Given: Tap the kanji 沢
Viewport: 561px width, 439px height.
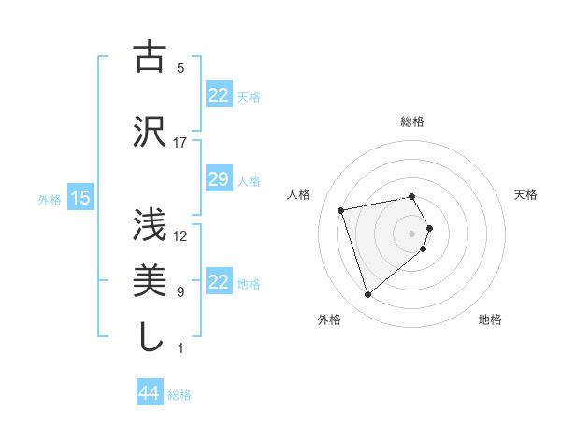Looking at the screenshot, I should pyautogui.click(x=150, y=131).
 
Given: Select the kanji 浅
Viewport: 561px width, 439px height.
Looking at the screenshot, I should pyautogui.click(x=150, y=224).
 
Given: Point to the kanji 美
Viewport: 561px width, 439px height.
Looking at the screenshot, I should pyautogui.click(x=150, y=280).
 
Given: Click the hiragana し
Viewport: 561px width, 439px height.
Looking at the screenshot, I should pyautogui.click(x=150, y=336).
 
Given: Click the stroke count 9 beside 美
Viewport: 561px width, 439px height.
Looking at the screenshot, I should pyautogui.click(x=180, y=292).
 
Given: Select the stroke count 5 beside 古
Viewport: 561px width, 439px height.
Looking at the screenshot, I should pyautogui.click(x=180, y=68).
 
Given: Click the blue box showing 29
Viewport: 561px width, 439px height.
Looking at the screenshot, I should pyautogui.click(x=218, y=179).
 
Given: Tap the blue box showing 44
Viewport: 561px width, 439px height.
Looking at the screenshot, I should pyautogui.click(x=149, y=393).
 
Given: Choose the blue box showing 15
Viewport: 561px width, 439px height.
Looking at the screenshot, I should pyautogui.click(x=79, y=198).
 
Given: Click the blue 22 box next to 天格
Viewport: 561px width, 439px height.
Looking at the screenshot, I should pyautogui.click(x=218, y=95).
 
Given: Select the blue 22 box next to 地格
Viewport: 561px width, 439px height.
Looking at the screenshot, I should pyautogui.click(x=218, y=282).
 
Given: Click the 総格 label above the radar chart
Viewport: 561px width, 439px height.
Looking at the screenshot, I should pyautogui.click(x=412, y=121).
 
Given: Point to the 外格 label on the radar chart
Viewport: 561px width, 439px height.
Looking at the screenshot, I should pyautogui.click(x=329, y=319).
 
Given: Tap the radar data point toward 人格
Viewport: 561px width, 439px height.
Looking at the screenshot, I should pyautogui.click(x=341, y=209).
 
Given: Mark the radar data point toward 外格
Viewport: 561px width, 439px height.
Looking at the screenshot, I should pyautogui.click(x=368, y=295).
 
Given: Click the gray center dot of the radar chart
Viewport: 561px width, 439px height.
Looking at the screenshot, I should pyautogui.click(x=411, y=233).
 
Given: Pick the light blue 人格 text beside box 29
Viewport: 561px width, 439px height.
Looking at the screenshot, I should pyautogui.click(x=249, y=180).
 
